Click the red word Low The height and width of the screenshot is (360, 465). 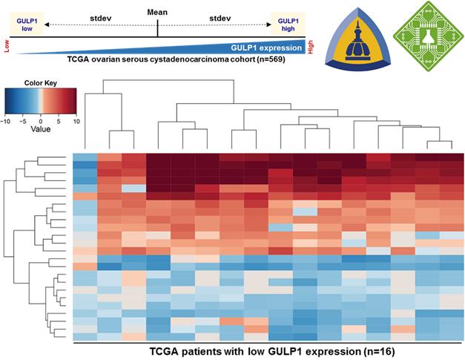point(7,47)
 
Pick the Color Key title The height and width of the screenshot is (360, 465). point(41,82)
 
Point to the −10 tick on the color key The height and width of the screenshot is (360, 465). point(6,120)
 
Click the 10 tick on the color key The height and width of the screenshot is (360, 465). point(76,120)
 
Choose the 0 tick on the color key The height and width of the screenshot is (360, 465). point(42,120)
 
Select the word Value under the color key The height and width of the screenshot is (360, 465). point(41,128)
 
